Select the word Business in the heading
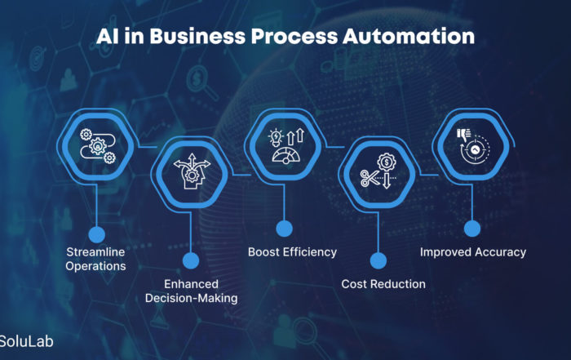pyautogui.click(x=186, y=37)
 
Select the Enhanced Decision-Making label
pyautogui.click(x=191, y=291)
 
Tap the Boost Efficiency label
pyautogui.click(x=292, y=252)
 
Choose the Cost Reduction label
pyautogui.click(x=383, y=284)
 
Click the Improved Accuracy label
pyautogui.click(x=473, y=252)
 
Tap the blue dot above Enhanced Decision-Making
pyautogui.click(x=191, y=261)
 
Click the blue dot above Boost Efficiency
pyautogui.click(x=284, y=229)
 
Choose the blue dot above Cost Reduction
pyautogui.click(x=378, y=260)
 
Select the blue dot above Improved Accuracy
pyautogui.click(x=471, y=229)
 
